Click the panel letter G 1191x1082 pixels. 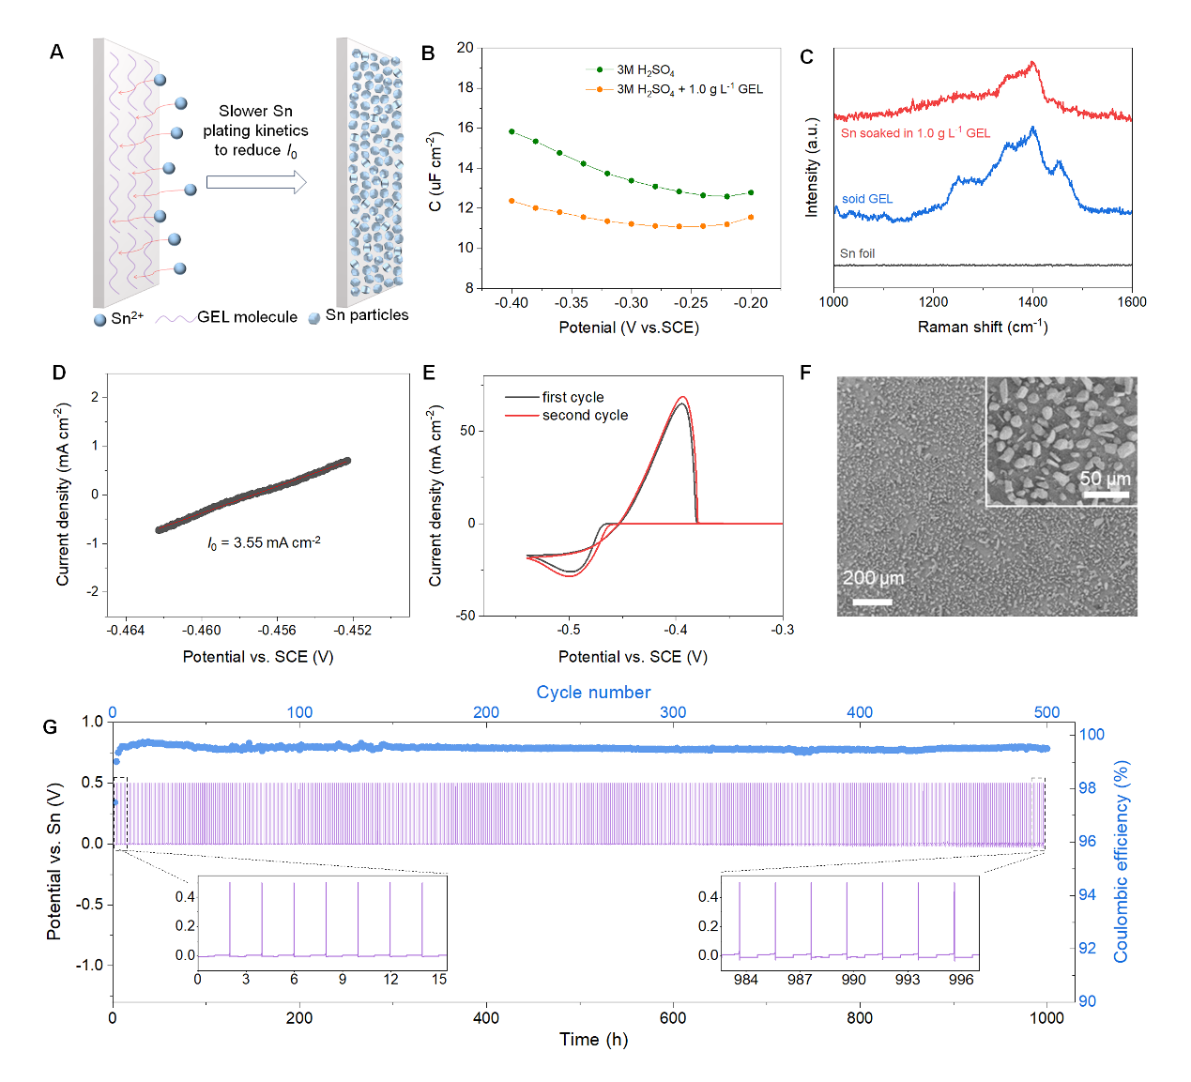[x=51, y=727]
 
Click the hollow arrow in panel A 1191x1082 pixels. [x=256, y=182]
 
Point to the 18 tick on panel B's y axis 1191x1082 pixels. [x=465, y=88]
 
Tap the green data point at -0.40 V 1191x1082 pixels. [x=512, y=131]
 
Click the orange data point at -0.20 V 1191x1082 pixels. [x=751, y=218]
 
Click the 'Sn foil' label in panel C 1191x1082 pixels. [x=857, y=253]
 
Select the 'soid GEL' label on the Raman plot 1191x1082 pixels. [x=867, y=199]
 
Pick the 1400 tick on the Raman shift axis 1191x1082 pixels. [x=1032, y=302]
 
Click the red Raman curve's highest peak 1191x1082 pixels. [x=1033, y=63]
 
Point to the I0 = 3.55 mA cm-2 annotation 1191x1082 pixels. [x=264, y=543]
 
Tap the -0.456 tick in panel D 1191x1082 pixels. [x=277, y=631]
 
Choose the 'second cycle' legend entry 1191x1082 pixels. [x=585, y=416]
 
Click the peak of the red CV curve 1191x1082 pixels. [x=682, y=397]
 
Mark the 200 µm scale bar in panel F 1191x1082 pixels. [x=872, y=602]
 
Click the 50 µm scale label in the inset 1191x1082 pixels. [x=1105, y=480]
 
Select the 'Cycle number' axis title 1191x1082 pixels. [x=593, y=693]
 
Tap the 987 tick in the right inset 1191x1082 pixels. [x=800, y=980]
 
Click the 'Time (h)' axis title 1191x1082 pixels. [x=593, y=1040]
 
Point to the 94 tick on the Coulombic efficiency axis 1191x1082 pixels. [x=1087, y=895]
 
